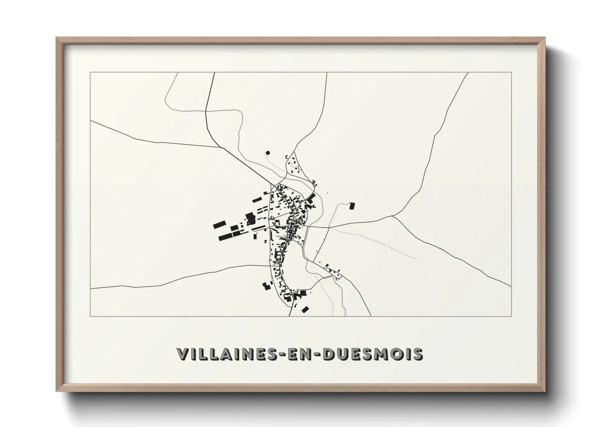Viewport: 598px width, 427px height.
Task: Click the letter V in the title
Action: point(183,354)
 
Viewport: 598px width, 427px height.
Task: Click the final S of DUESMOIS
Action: point(417,354)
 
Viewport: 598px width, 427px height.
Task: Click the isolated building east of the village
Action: point(352,206)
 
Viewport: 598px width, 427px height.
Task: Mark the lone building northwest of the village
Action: point(267,153)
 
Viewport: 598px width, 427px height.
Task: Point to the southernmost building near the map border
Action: point(305,310)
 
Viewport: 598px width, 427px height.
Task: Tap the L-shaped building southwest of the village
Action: point(266,287)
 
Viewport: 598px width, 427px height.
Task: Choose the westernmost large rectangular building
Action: point(219,224)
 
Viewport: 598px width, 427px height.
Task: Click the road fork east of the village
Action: point(393,216)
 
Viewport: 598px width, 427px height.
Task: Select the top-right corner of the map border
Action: point(511,73)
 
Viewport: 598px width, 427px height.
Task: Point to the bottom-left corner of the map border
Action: point(91,316)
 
